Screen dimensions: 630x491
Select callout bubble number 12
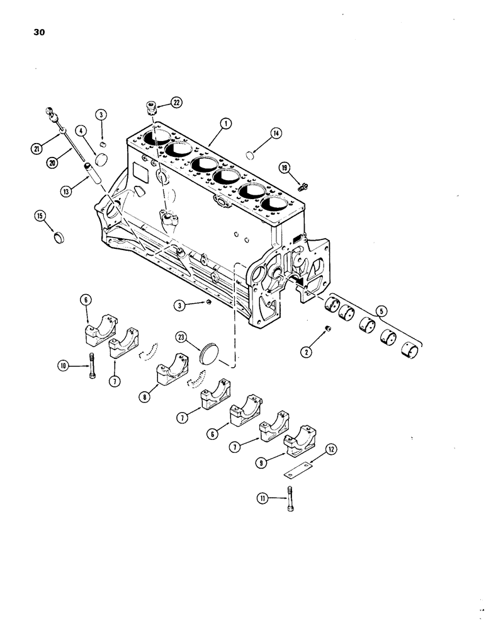332,449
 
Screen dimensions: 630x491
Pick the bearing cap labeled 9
302,442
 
